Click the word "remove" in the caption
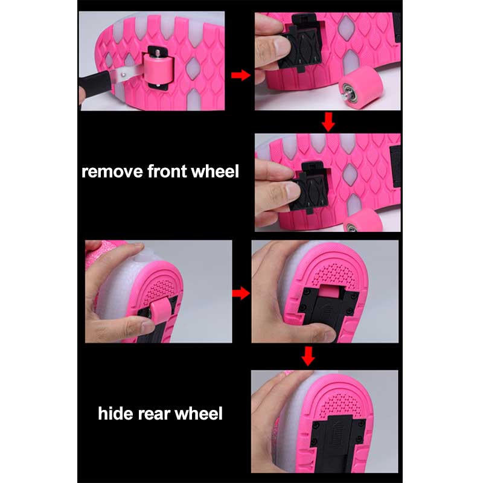(x=112, y=171)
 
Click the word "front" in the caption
(x=167, y=171)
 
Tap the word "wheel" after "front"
(x=215, y=171)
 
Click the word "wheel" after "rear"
(x=199, y=413)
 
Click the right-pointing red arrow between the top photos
(x=240, y=75)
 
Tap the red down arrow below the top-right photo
(x=328, y=122)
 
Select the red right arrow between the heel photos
(x=241, y=293)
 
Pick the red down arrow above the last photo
(x=308, y=356)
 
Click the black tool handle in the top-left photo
(x=95, y=83)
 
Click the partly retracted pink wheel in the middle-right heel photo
(x=330, y=292)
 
